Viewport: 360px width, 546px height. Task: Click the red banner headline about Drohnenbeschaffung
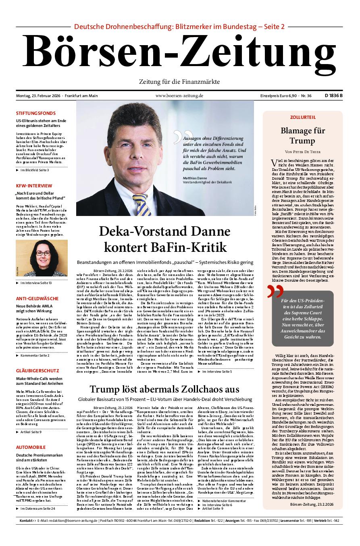click(179, 27)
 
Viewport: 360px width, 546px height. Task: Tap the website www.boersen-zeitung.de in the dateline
click(179, 95)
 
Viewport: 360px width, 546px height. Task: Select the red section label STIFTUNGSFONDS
click(36, 113)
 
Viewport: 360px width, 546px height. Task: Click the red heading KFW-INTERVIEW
click(34, 186)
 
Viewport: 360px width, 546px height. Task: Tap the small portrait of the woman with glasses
click(36, 260)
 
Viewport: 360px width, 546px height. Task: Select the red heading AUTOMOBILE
click(31, 447)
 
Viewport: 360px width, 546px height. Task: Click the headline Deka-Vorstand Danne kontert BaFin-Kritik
click(165, 239)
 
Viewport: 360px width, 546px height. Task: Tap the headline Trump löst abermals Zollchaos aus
click(164, 389)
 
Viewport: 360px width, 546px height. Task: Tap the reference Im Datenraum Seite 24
click(37, 509)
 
